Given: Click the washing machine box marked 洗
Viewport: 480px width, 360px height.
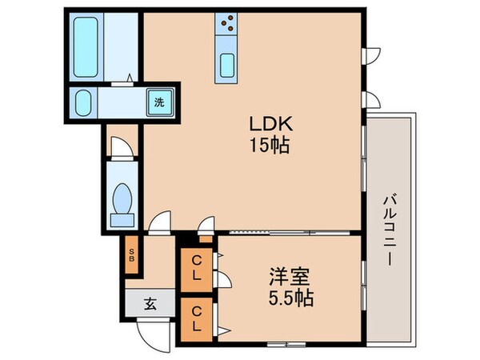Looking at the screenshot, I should [159, 102].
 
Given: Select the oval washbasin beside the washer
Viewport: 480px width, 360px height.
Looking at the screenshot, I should [83, 102].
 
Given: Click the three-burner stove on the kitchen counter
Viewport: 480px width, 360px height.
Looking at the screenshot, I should [226, 24].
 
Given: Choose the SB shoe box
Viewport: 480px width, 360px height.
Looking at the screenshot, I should [132, 258].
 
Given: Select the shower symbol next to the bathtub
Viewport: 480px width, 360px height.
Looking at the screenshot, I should [128, 78].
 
